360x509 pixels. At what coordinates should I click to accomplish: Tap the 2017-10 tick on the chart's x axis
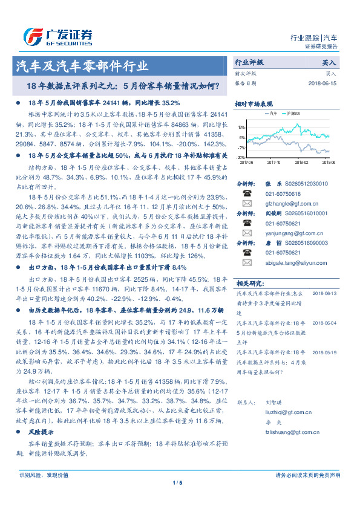point(273,162)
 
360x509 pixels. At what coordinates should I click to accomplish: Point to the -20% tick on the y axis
point(241,157)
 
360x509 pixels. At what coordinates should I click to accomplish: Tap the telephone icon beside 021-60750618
point(247,193)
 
